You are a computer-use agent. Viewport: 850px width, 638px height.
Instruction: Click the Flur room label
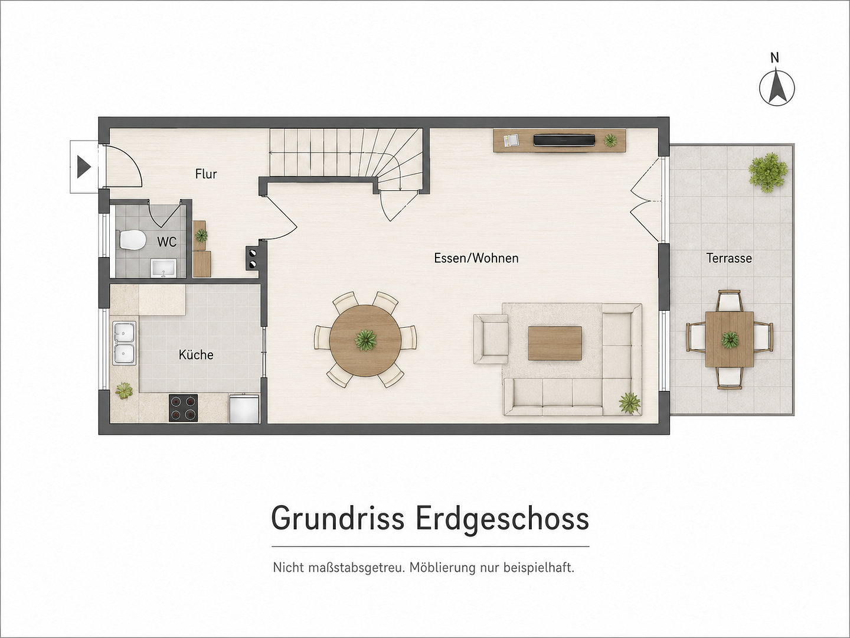tap(206, 174)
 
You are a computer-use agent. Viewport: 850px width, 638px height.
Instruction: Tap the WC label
tap(166, 242)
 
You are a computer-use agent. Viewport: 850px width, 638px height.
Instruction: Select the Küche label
tap(196, 354)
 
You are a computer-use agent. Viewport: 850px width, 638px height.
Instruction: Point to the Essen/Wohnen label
tap(476, 258)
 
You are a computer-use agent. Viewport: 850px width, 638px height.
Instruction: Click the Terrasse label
tap(729, 258)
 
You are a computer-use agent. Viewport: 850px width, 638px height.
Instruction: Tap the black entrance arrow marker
tap(84, 167)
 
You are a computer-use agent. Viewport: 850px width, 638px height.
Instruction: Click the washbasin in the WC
tap(163, 268)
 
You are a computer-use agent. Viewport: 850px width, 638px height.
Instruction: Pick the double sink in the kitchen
tap(125, 343)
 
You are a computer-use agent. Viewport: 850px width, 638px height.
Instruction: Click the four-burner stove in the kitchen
tap(183, 408)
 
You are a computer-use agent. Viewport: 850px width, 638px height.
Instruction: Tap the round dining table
tap(365, 340)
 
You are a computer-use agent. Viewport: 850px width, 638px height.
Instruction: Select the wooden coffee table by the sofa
tap(555, 343)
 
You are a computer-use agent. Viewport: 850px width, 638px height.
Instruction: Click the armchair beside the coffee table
tap(491, 339)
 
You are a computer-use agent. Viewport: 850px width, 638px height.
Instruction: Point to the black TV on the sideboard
tap(564, 140)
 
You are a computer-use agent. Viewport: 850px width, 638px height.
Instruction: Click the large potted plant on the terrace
tap(767, 172)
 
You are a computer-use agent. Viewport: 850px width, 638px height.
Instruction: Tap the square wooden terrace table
tap(730, 339)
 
